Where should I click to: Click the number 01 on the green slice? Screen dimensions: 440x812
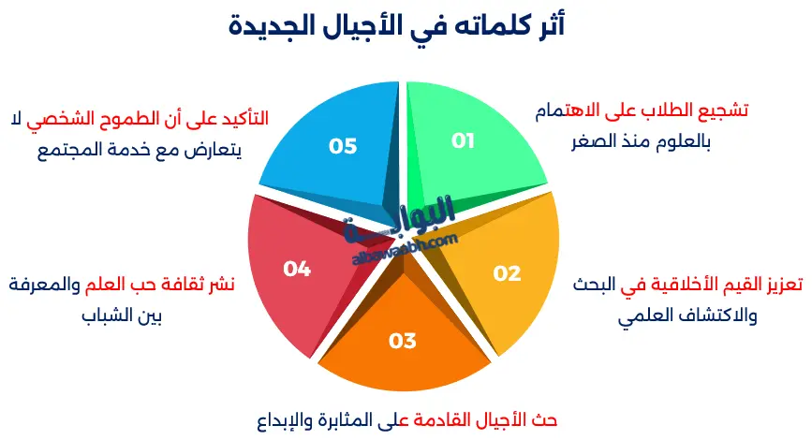[464, 141]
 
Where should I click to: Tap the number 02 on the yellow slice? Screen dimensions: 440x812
[507, 273]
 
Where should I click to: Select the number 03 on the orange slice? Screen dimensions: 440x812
[402, 341]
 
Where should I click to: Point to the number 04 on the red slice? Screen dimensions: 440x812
[297, 269]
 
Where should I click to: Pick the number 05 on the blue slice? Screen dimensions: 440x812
[343, 146]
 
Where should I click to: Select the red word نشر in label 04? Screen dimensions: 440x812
[221, 285]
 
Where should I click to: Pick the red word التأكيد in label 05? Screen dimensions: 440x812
[239, 119]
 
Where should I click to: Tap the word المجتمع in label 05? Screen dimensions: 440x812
[73, 150]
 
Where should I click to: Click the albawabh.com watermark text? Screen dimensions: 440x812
[404, 245]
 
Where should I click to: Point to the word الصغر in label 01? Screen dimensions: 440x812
[593, 143]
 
